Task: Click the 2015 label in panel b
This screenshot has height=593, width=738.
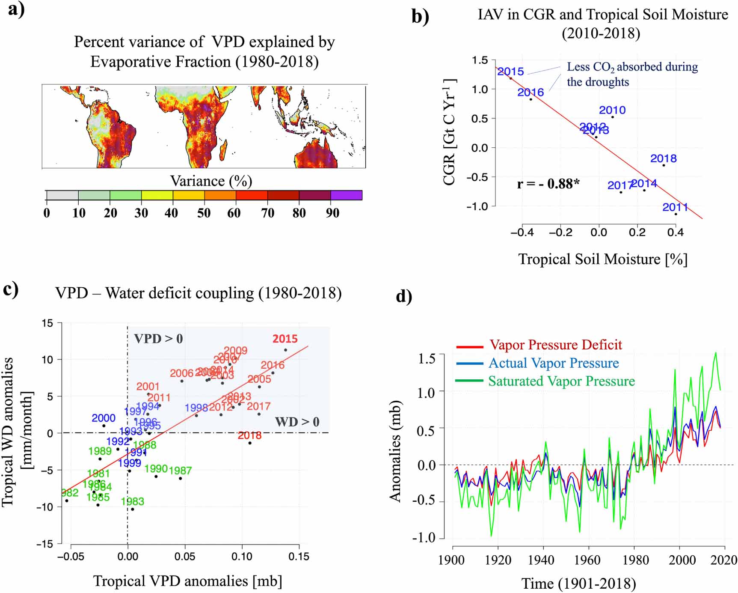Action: pyautogui.click(x=510, y=72)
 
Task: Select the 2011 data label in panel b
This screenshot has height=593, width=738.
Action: pyautogui.click(x=675, y=207)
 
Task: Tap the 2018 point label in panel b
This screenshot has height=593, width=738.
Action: pyautogui.click(x=663, y=158)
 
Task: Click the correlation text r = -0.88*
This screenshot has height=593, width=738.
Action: pyautogui.click(x=548, y=184)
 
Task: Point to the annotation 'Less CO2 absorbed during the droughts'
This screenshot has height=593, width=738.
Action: pyautogui.click(x=631, y=74)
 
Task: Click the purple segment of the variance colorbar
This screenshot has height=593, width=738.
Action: pyautogui.click(x=346, y=195)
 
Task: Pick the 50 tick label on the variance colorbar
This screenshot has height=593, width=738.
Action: pyautogui.click(x=204, y=213)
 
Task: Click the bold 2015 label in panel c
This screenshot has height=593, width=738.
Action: pyautogui.click(x=285, y=339)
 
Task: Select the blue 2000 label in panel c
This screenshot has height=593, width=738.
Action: pyautogui.click(x=104, y=418)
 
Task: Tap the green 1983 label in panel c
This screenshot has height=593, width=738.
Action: pyautogui.click(x=132, y=501)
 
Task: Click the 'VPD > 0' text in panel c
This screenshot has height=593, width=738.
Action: pyautogui.click(x=158, y=339)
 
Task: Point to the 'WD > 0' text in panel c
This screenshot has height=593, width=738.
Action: pyautogui.click(x=297, y=422)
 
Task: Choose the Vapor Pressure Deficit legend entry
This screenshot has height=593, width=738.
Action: pyautogui.click(x=555, y=345)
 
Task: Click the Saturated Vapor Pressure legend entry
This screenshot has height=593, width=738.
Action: pyautogui.click(x=561, y=381)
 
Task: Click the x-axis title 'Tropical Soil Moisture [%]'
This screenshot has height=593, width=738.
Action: pyautogui.click(x=602, y=259)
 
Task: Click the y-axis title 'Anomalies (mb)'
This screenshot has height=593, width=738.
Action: pyautogui.click(x=395, y=451)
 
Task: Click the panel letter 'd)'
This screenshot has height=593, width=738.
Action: pyautogui.click(x=403, y=296)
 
